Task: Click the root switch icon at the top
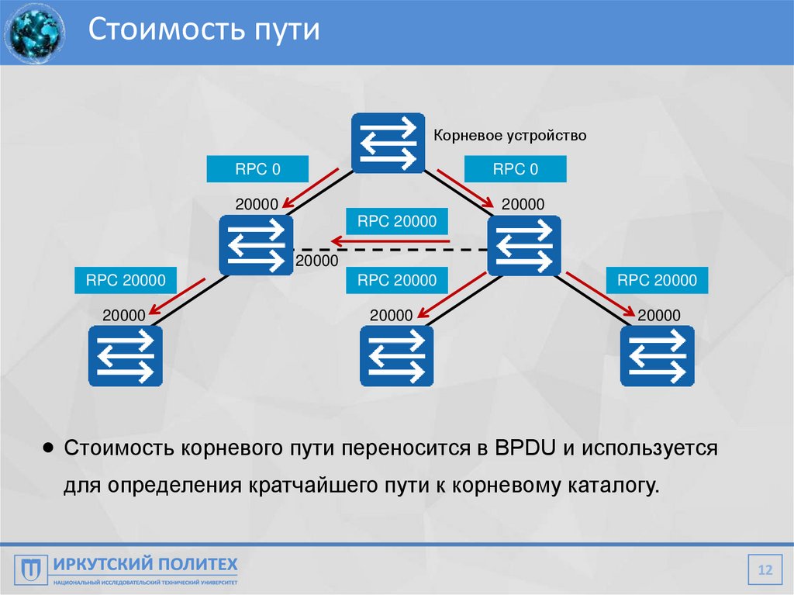[388, 143]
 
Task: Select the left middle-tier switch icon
[256, 245]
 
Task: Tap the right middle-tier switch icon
[524, 245]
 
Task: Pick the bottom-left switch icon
[125, 356]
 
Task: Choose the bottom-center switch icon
[396, 356]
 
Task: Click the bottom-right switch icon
[657, 356]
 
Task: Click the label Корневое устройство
[509, 136]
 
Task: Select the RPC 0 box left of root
[258, 169]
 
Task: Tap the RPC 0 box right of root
[515, 169]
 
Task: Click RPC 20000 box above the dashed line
[397, 221]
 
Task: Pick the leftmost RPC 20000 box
[126, 280]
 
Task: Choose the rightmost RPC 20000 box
[657, 280]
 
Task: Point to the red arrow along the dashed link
[388, 242]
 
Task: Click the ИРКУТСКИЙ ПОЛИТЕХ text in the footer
[145, 564]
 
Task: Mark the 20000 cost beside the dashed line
[316, 261]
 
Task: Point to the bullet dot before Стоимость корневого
[49, 448]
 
